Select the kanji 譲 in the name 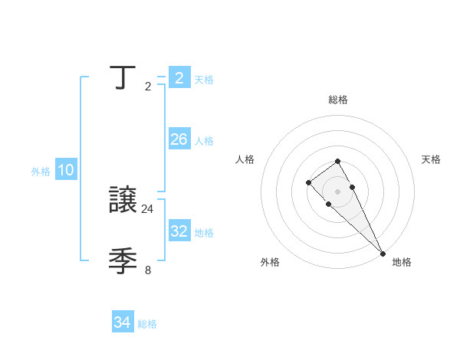pos(123,200)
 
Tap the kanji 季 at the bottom pos(123,261)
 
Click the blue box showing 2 pos(179,77)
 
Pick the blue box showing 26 pos(179,139)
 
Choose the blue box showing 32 pos(179,231)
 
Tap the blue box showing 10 pos(66,170)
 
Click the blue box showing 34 pos(123,322)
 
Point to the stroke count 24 pos(148,208)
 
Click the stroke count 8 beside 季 pos(148,270)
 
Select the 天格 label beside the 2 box pos(204,80)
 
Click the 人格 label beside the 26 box pos(204,141)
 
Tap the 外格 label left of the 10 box pos(41,172)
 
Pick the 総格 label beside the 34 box pos(147,324)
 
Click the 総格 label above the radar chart pos(337,100)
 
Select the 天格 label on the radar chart pos(431,159)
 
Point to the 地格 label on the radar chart pos(402,262)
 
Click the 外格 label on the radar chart pos(270,262)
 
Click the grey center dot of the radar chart pos(337,191)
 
